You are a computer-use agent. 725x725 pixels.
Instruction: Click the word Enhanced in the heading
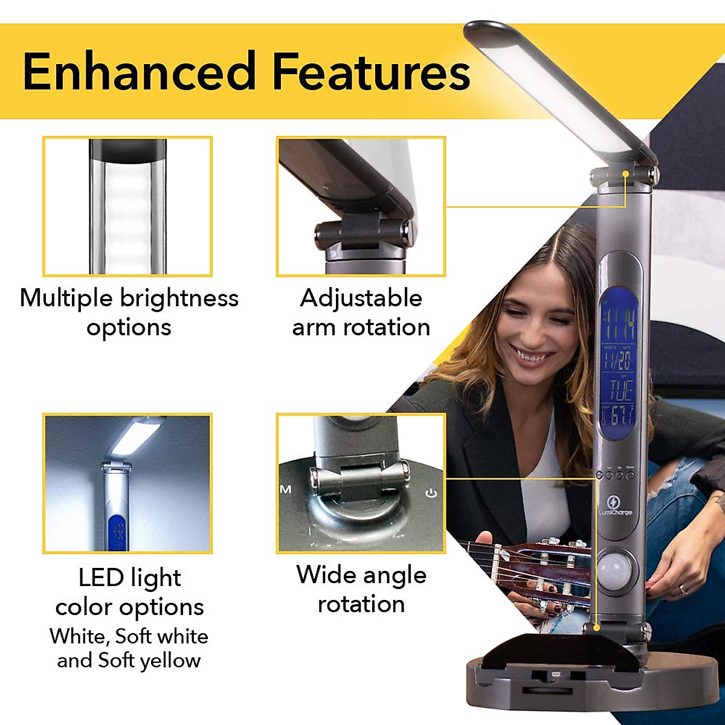(x=140, y=71)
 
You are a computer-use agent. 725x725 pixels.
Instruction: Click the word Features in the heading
(x=371, y=71)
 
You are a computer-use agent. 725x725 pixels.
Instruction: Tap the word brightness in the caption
(x=179, y=298)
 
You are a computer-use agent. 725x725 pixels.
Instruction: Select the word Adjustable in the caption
(x=361, y=298)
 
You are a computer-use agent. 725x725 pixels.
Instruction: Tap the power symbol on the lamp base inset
(x=431, y=494)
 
